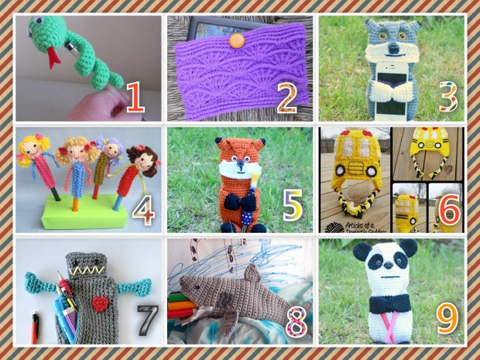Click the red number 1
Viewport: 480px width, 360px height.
tap(135, 97)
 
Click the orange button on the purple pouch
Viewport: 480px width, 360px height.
tap(238, 36)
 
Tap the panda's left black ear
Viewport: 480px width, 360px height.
tap(361, 251)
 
